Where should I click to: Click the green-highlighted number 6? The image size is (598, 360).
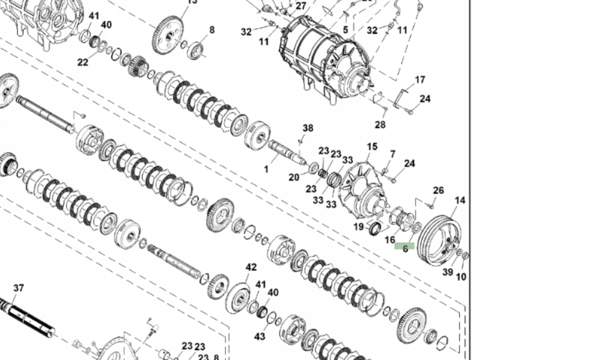[x=405, y=248]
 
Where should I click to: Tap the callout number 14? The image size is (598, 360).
[x=460, y=200]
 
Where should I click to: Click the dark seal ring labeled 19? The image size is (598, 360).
[x=375, y=228]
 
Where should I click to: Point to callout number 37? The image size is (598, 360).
[x=18, y=288]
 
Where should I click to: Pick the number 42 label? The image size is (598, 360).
[x=251, y=267]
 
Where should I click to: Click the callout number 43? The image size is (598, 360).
[x=260, y=336]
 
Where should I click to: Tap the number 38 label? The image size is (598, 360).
[x=308, y=128]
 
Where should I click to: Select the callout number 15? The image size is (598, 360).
[x=372, y=147]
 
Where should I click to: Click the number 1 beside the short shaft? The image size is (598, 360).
[x=266, y=169]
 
